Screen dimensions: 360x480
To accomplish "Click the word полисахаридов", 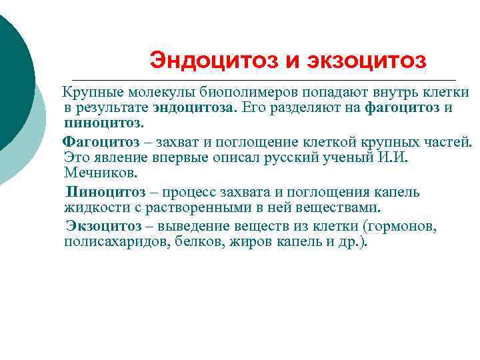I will [113, 243].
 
